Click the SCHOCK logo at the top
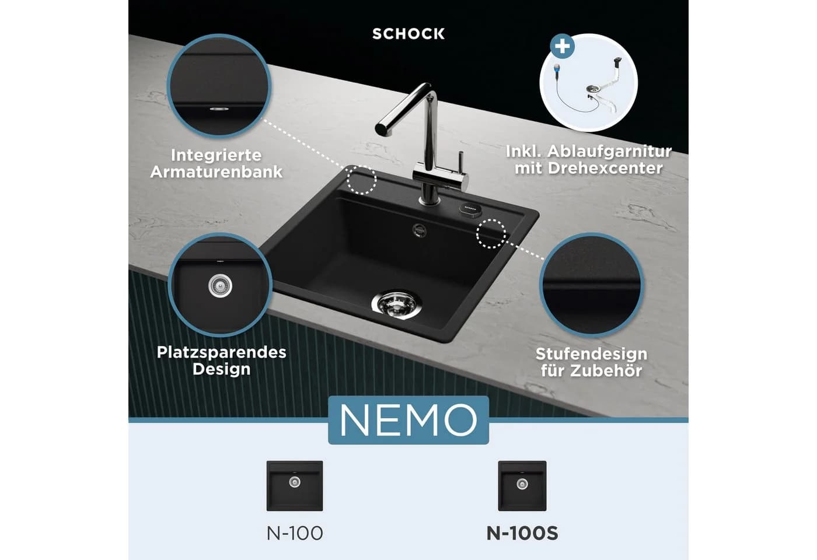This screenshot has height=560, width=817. pos(408,34)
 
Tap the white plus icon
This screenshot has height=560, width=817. pos(563,46)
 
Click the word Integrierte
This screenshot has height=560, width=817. pos(217,156)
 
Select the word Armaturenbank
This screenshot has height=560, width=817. pos(217,171)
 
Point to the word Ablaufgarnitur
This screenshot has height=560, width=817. pos(609,152)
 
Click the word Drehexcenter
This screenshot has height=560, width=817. pos(605,169)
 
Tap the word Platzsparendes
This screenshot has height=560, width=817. pos(221,352)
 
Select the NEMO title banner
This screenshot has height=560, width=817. pos(408,420)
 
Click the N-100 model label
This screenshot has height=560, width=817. pos(295,533)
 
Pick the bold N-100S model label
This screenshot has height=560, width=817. pos(522,533)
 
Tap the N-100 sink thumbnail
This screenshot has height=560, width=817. pos(295,486)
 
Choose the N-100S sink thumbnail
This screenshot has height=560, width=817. pos(522,486)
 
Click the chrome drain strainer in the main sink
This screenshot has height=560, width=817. pos(397,304)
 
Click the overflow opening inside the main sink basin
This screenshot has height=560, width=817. pos(420,230)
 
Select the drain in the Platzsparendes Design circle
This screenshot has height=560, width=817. pos(221,285)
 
